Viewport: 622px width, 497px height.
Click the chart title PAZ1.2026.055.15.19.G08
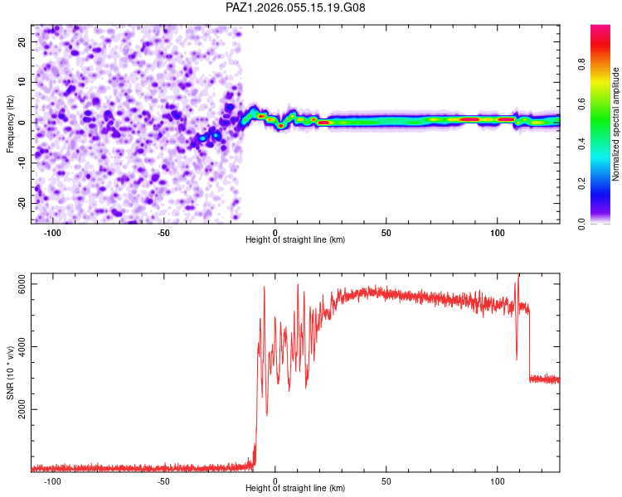coord(296,7)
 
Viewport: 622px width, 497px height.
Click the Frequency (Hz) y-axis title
coord(10,123)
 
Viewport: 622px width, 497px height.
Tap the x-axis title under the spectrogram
coord(295,239)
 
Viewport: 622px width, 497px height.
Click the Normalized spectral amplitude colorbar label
coord(616,124)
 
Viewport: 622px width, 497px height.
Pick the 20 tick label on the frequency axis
coord(22,41)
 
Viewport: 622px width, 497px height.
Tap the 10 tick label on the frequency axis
coord(22,82)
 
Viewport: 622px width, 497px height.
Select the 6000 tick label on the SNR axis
coord(22,284)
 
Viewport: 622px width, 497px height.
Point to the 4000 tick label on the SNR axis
coord(22,346)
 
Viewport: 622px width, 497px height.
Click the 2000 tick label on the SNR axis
coord(22,409)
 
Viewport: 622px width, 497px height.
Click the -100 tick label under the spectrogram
coord(52,232)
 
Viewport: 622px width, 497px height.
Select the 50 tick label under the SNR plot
coord(386,480)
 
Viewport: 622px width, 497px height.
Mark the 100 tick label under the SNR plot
coord(498,480)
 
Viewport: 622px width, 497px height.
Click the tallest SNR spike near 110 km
coord(519,276)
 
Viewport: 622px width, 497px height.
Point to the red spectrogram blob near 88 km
coord(470,119)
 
